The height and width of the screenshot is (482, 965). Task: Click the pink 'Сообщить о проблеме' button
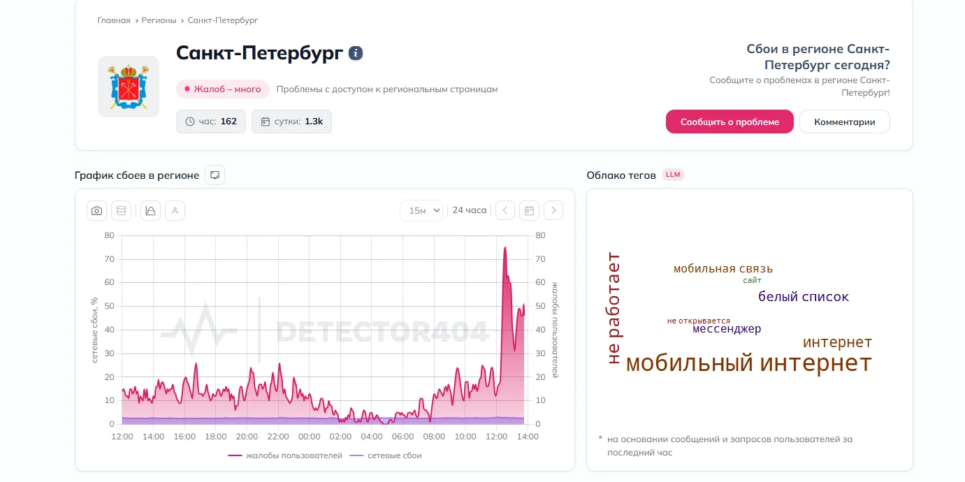pyautogui.click(x=730, y=122)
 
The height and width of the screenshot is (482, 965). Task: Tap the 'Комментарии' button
pyautogui.click(x=844, y=122)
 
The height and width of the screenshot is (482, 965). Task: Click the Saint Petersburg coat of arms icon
pyautogui.click(x=129, y=87)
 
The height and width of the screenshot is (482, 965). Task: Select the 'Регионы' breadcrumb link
pyautogui.click(x=159, y=20)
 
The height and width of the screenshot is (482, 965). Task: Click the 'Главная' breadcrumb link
pyautogui.click(x=114, y=20)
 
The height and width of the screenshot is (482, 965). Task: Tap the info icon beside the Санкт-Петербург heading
pyautogui.click(x=356, y=53)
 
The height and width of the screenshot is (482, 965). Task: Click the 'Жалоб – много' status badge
pyautogui.click(x=223, y=89)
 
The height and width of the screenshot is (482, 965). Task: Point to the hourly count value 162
pyautogui.click(x=228, y=122)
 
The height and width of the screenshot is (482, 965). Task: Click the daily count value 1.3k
pyautogui.click(x=314, y=122)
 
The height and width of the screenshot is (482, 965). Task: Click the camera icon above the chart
pyautogui.click(x=97, y=210)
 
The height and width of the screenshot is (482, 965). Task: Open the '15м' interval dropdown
pyautogui.click(x=421, y=210)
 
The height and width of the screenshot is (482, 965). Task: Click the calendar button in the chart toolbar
pyautogui.click(x=530, y=210)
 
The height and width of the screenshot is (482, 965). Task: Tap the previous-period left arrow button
pyautogui.click(x=505, y=210)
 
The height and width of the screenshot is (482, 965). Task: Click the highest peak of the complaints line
pyautogui.click(x=505, y=248)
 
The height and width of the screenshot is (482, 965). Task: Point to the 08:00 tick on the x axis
pyautogui.click(x=434, y=437)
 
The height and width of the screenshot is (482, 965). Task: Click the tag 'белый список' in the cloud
pyautogui.click(x=804, y=297)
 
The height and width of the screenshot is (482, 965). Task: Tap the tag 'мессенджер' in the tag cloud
pyautogui.click(x=727, y=329)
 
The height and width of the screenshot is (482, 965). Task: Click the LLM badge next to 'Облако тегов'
pyautogui.click(x=673, y=175)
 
